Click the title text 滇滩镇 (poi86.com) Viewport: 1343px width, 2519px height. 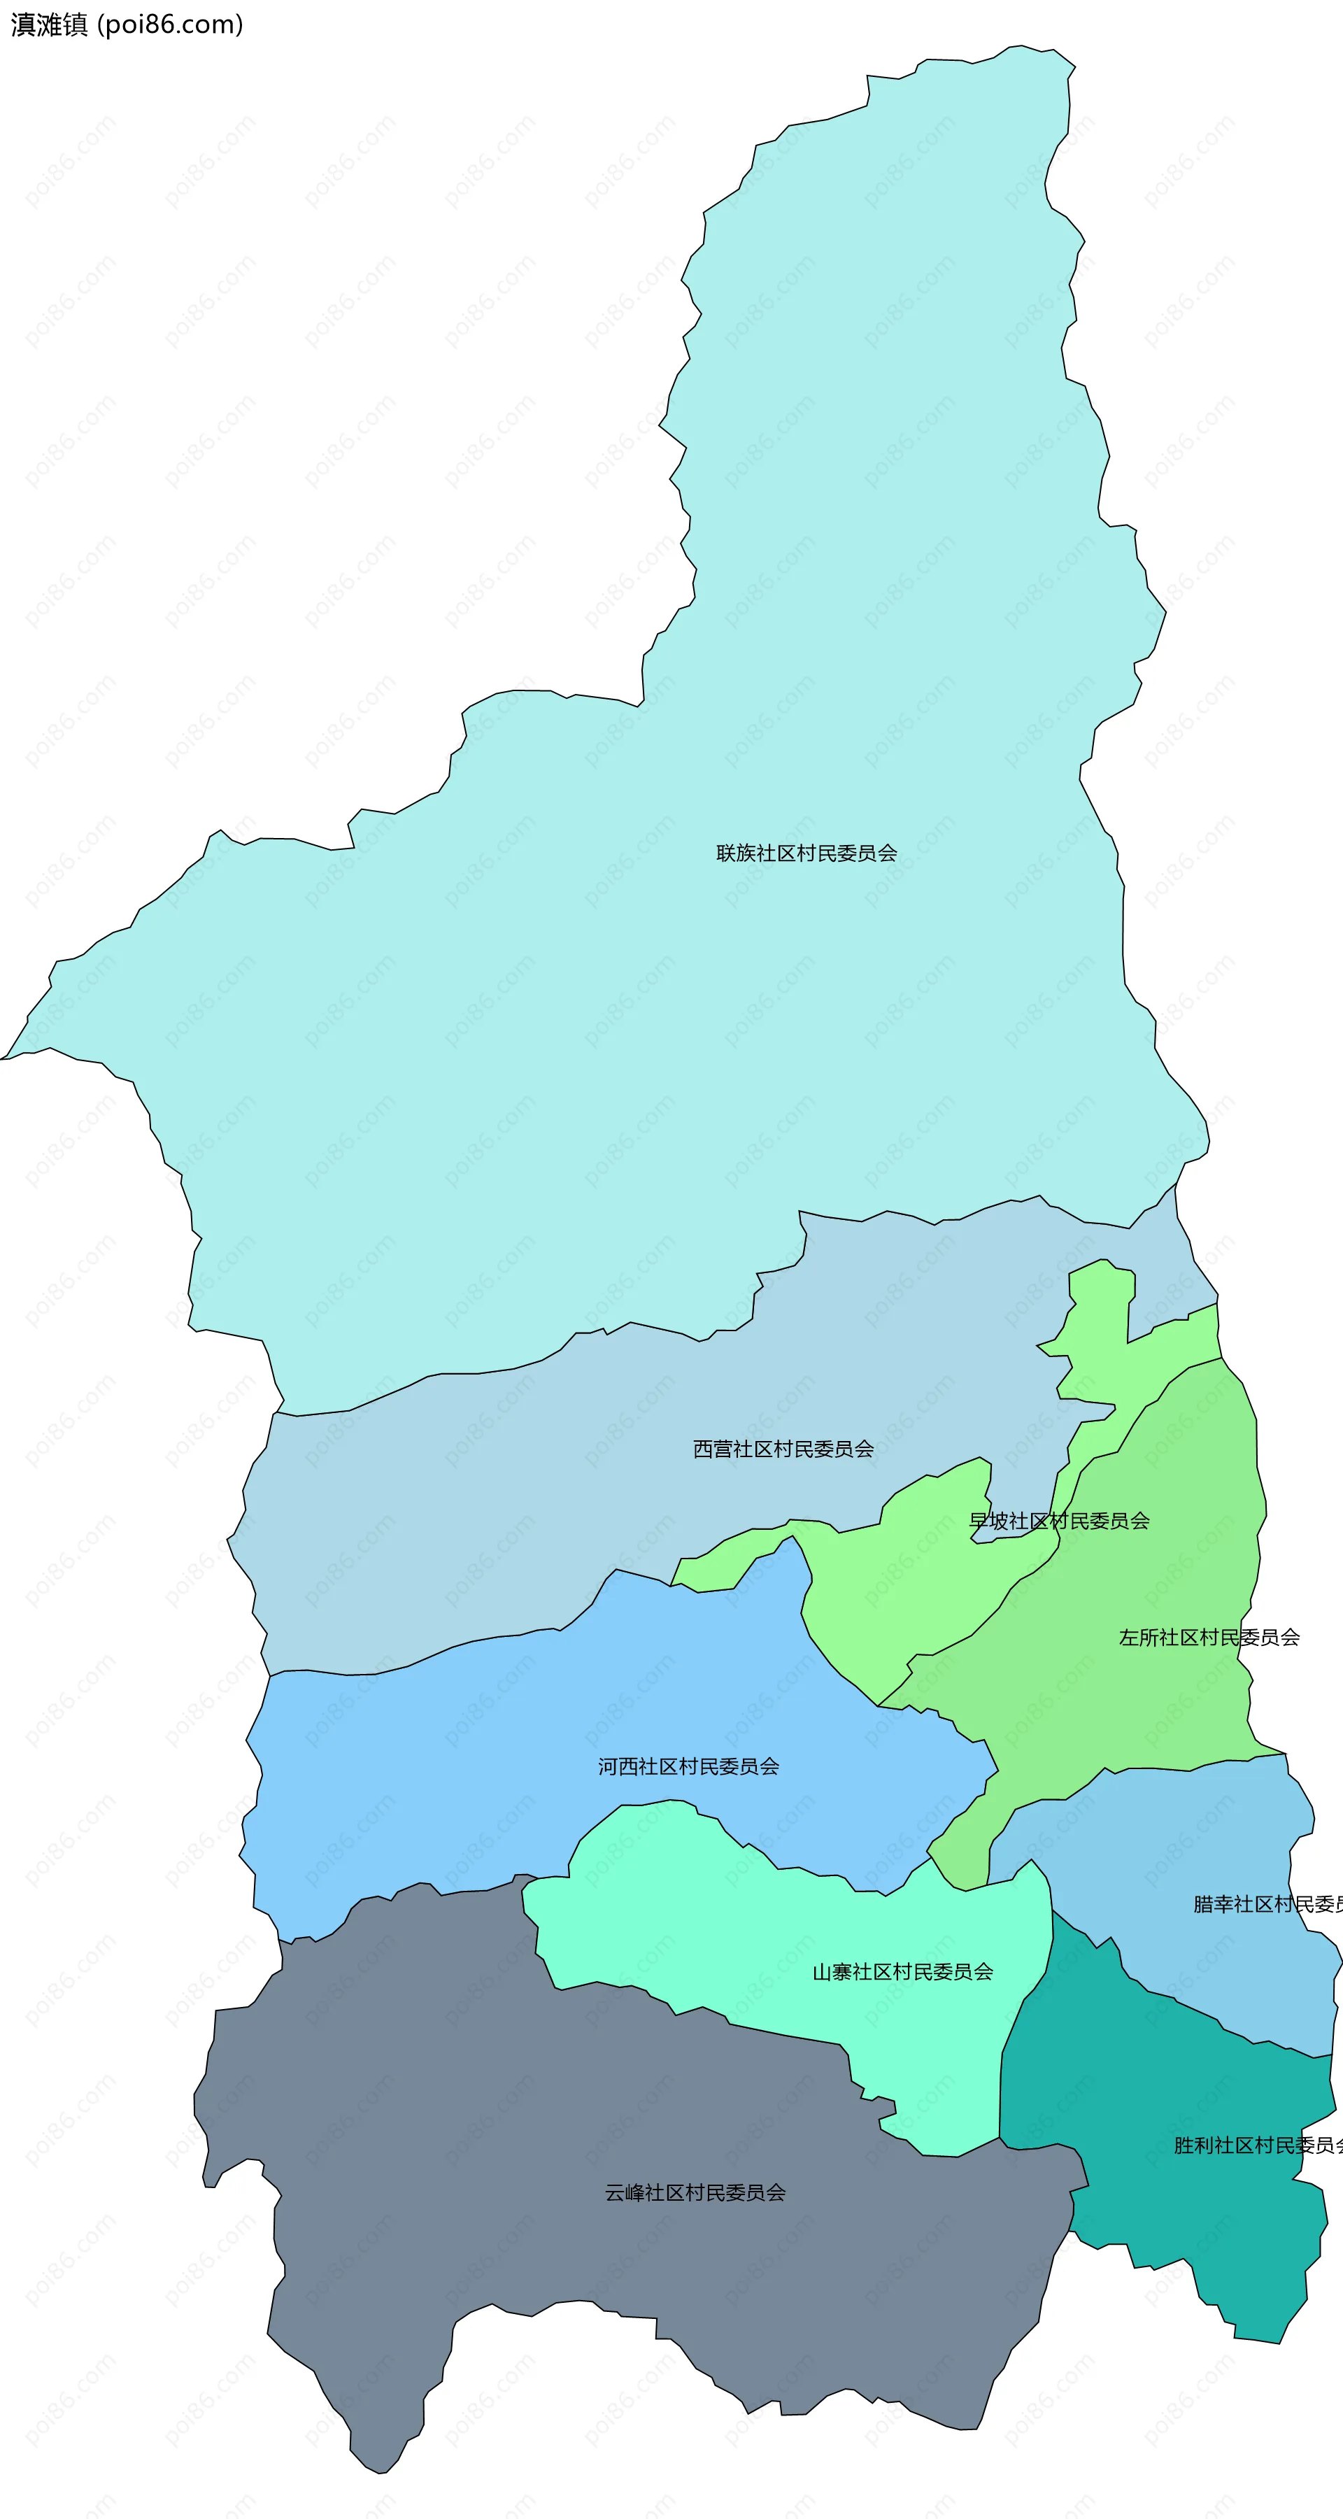127,24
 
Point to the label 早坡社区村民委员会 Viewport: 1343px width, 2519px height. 1058,1521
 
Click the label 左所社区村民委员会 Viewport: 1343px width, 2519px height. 1209,1637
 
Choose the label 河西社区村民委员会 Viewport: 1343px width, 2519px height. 688,1766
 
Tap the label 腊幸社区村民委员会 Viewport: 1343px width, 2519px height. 1267,1904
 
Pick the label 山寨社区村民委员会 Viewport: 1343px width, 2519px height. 902,1973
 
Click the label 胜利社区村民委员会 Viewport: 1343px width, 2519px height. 1257,2145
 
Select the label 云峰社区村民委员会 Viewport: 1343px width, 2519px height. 695,2192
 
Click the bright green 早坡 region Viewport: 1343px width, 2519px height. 910,1604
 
